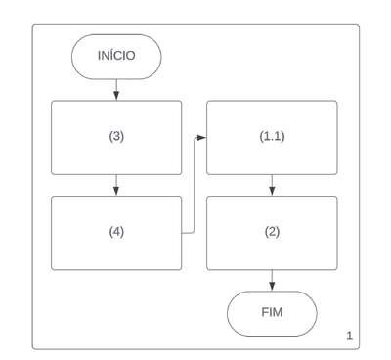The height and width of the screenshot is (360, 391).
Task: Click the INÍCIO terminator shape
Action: pos(116,57)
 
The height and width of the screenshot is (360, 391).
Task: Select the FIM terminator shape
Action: pos(272,313)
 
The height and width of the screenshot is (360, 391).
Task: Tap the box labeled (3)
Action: pos(116,138)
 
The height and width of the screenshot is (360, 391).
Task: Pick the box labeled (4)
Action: pos(116,233)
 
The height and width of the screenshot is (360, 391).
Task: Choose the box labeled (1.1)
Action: pos(272,138)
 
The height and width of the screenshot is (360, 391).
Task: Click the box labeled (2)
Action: pos(272,233)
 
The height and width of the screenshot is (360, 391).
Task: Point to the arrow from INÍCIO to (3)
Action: pos(116,90)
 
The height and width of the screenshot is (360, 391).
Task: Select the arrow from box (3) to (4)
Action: pos(116,185)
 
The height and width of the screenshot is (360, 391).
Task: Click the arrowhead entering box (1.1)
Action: pos(202,138)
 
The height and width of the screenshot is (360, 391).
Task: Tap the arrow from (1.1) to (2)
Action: pos(272,185)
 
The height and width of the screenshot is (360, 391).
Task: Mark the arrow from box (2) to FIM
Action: pos(272,281)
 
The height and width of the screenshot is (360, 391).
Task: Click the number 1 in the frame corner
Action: pos(349,336)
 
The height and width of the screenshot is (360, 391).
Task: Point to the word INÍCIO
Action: pos(116,56)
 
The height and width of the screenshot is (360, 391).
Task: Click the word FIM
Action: pos(272,312)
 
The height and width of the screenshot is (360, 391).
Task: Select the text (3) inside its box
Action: pos(116,136)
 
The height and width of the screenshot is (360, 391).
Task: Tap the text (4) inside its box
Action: pos(116,232)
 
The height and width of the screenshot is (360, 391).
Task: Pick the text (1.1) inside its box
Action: pos(272,136)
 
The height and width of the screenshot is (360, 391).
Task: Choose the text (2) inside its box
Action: pos(272,232)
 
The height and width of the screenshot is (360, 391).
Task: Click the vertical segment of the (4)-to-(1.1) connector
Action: pos(195,185)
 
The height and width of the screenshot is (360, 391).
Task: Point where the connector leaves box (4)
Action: pos(182,233)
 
